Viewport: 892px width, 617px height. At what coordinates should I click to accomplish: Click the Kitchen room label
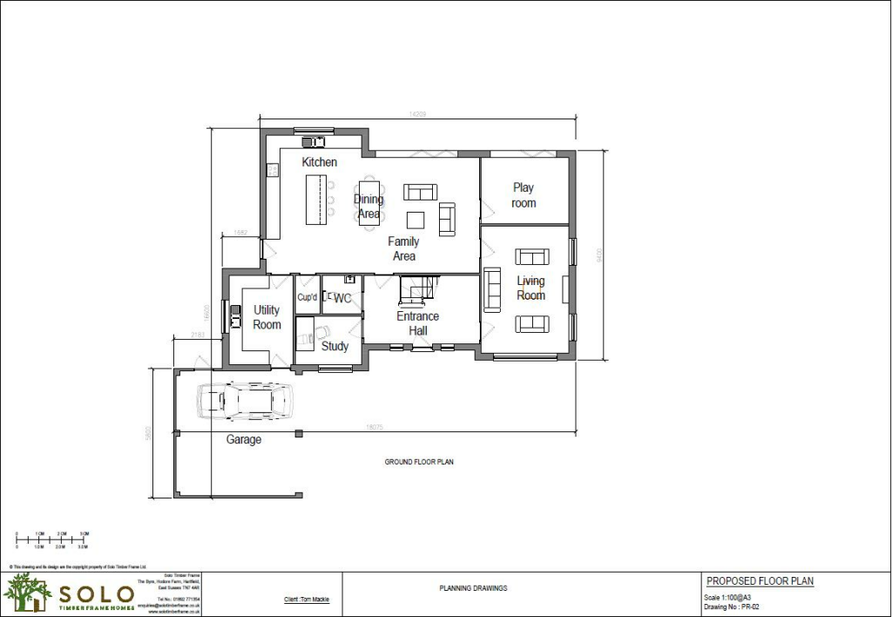tap(319, 162)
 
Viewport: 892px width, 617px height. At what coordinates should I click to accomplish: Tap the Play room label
tap(524, 195)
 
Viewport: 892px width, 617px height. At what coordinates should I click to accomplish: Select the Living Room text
tap(530, 288)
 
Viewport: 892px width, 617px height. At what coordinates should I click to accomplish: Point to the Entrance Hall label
tap(418, 323)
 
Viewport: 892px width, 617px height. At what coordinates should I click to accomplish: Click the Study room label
tap(334, 346)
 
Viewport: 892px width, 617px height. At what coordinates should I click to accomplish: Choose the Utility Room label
tap(267, 317)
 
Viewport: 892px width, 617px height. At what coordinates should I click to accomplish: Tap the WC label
tap(342, 298)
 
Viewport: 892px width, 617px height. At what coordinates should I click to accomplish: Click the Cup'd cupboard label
tap(307, 298)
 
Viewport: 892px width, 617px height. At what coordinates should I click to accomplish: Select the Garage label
tap(244, 440)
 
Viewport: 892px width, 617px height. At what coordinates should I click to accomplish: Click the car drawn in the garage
tap(247, 401)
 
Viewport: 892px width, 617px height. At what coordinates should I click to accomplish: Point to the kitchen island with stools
tap(315, 200)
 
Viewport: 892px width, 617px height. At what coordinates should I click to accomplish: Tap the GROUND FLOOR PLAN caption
tap(419, 462)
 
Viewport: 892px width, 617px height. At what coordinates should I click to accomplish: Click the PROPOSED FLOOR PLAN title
tap(760, 581)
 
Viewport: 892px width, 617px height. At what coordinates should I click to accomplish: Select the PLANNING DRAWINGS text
tap(473, 588)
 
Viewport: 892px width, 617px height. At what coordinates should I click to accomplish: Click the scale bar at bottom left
tap(53, 540)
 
